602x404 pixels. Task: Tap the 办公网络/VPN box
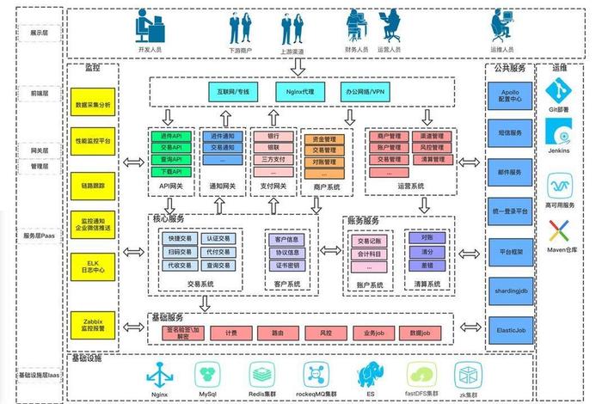(365, 90)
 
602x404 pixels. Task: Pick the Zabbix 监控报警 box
(93, 323)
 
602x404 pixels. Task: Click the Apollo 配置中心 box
(510, 93)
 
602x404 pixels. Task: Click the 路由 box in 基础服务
(278, 332)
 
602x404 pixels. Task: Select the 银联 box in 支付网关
(273, 148)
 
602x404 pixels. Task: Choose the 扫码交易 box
(179, 252)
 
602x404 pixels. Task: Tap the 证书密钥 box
(286, 266)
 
